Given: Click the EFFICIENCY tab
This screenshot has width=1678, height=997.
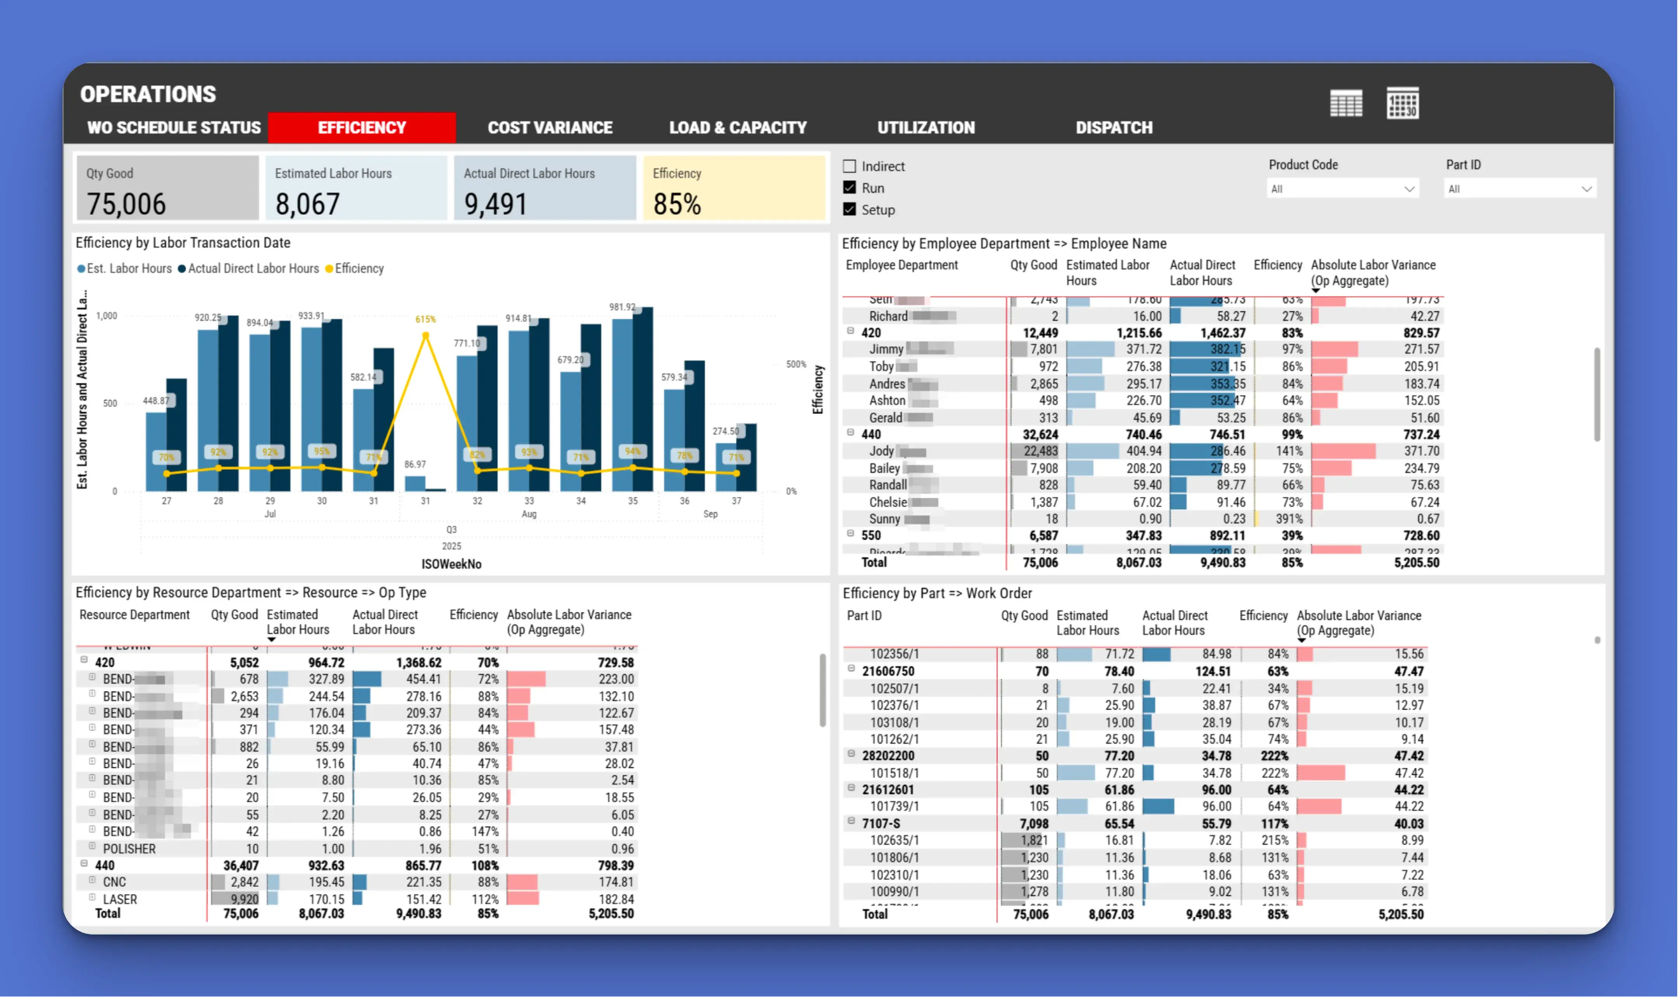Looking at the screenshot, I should [x=362, y=128].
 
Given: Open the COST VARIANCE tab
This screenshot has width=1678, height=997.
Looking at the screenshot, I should [x=550, y=128].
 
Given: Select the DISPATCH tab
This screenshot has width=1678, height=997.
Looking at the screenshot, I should [x=1114, y=128].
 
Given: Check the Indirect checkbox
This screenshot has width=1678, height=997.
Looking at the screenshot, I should [x=849, y=166].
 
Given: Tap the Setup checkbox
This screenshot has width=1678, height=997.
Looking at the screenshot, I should [x=849, y=210].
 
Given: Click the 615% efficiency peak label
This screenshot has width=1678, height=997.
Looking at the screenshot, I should [x=425, y=319].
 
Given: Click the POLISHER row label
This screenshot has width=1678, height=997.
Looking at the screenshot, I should [x=129, y=849].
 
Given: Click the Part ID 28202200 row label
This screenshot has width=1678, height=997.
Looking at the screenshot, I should [x=888, y=756].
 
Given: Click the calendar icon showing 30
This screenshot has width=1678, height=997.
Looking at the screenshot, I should [x=1403, y=103].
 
